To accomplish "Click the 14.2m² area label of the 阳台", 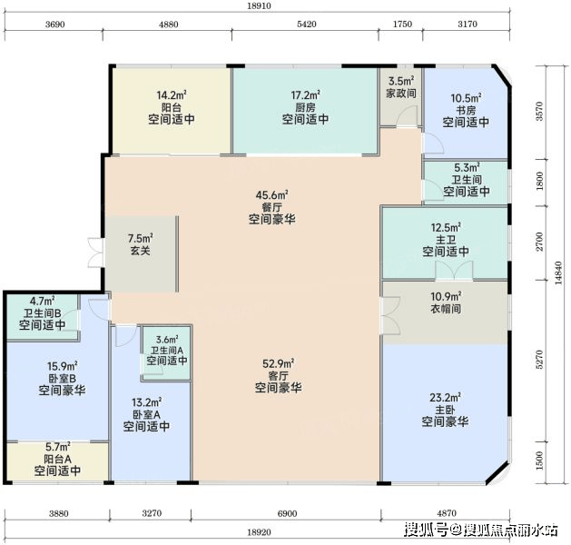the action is tap(172, 95).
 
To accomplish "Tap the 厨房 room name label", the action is tap(305, 107).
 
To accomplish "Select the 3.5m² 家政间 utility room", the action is tap(401, 97).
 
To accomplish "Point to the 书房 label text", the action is tap(466, 110).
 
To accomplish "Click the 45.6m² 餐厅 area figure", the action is tap(271, 195).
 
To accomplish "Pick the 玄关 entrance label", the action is tap(140, 251).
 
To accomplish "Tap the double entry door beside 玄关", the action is tap(96, 253).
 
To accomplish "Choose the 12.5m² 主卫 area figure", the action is tap(446, 228).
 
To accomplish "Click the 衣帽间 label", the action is tap(446, 309).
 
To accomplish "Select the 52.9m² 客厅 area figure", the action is tap(278, 363).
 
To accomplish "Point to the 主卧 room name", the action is tap(445, 410).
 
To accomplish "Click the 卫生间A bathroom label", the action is tap(167, 351).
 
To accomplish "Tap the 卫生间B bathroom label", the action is tap(43, 313).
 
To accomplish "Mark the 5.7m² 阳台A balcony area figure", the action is tap(58, 447).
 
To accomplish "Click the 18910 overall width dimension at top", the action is tap(259, 5).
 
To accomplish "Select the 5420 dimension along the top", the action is tap(306, 24).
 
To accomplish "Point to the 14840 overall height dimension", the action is tap(558, 273).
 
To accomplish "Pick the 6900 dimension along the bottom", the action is tap(287, 514).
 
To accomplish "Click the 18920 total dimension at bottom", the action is tap(259, 532).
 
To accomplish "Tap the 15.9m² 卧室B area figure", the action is tap(62, 366).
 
